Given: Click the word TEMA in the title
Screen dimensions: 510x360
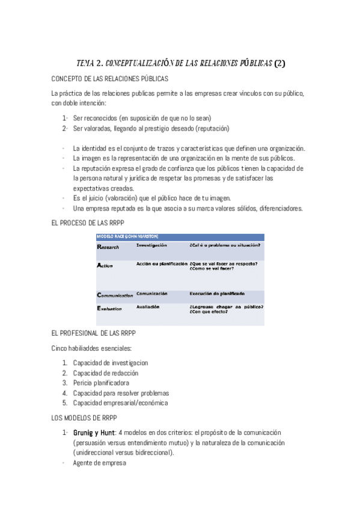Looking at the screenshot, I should [88, 62].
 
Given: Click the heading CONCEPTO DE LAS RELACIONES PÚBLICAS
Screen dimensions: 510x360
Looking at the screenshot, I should [109, 79].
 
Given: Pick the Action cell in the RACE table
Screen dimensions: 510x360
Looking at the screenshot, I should [105, 265].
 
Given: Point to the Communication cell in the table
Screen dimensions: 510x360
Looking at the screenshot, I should [115, 295].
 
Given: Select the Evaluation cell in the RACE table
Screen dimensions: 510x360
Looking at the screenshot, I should [109, 309].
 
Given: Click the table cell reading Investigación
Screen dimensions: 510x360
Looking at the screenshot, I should [151, 245].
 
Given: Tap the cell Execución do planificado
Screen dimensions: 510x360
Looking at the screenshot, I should [217, 293].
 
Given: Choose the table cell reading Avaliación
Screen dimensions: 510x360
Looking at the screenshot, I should [147, 307].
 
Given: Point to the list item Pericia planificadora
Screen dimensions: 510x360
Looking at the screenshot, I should [101, 382].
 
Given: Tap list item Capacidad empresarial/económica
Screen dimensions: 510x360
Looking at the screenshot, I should [120, 403].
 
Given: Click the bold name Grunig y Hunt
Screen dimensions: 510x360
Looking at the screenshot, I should [94, 432].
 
